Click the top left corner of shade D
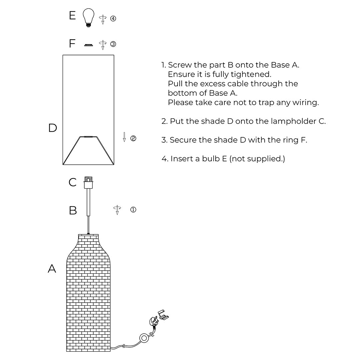tap(63, 55)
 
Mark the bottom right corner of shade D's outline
tap(114, 165)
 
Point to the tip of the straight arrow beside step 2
tap(124, 142)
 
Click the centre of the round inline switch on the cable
tap(144, 338)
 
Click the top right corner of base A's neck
tap(98, 234)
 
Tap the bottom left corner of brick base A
tap(67, 351)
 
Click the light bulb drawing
tap(88, 18)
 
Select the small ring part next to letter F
tap(88, 45)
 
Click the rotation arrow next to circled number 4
tap(103, 19)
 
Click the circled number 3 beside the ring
tap(113, 44)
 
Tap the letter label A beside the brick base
tap(52, 268)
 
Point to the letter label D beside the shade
tap(53, 128)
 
